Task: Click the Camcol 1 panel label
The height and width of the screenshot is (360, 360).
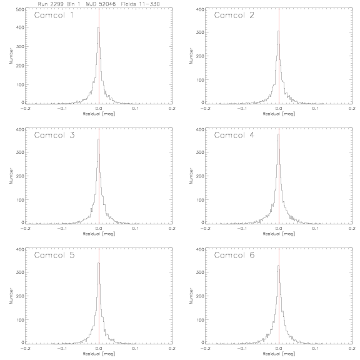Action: coord(54,15)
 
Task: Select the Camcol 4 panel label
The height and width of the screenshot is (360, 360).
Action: coord(234,135)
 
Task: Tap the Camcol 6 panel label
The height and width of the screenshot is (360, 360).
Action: coord(234,255)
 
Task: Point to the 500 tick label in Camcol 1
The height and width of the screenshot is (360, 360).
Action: coord(20,9)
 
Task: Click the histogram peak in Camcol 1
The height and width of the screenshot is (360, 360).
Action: coord(99,27)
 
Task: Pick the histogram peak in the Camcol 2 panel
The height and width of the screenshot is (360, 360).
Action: coord(279,31)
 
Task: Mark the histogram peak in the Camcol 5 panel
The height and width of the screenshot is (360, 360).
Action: coord(99,263)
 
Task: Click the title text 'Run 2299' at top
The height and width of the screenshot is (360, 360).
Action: coord(51,4)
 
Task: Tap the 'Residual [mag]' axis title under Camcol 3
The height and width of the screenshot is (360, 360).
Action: coord(99,234)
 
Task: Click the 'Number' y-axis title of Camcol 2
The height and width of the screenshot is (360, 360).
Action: coord(191,56)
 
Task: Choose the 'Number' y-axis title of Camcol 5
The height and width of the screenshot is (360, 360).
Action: coord(11,296)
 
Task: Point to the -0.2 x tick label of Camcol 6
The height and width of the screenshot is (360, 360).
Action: coord(205,348)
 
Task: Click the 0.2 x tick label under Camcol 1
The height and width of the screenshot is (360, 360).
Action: coord(172,108)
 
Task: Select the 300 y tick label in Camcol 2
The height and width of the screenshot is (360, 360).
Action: coord(200,32)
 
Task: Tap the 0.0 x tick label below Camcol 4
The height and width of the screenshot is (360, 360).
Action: coord(279,229)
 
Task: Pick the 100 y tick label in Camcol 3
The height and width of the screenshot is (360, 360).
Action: coord(20,200)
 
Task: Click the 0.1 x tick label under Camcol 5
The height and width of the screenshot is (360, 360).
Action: coord(136,348)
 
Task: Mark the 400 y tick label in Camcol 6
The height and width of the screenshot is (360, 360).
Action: coord(200,249)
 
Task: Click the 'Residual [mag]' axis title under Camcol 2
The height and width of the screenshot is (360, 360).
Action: coord(279,114)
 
